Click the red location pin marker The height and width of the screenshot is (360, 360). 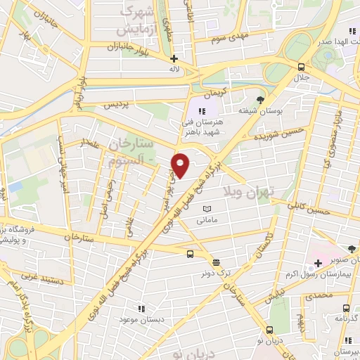click(x=181, y=165)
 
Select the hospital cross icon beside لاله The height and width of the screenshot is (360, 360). click(x=174, y=59)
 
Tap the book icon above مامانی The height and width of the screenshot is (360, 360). click(x=207, y=209)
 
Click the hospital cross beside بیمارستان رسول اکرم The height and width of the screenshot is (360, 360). click(x=318, y=264)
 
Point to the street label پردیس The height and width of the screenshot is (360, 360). click(x=117, y=104)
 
